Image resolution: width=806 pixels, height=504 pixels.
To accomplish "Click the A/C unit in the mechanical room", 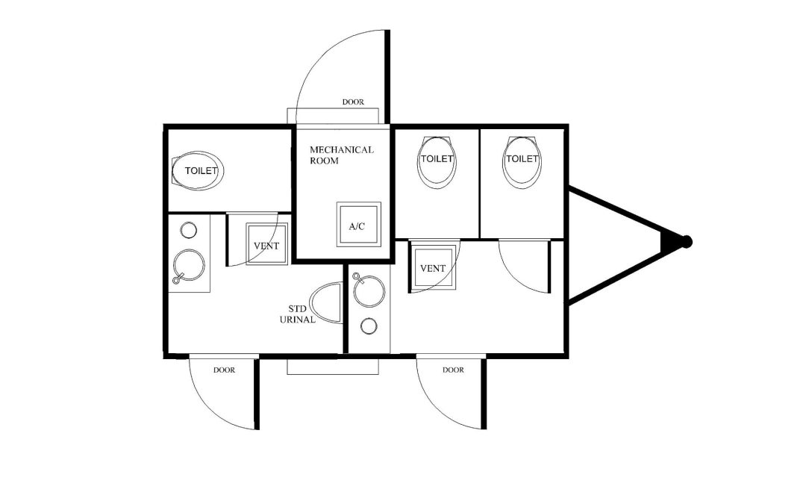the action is click(x=358, y=224).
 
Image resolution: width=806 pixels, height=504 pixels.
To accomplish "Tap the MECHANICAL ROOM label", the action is click(x=341, y=155).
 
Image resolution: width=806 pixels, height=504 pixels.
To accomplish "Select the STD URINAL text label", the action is click(x=298, y=314).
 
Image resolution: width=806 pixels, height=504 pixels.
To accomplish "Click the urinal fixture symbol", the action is click(x=327, y=302).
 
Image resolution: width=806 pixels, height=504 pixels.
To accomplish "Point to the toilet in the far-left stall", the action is click(x=197, y=171).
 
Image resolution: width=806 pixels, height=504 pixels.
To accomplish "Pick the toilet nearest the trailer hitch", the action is click(x=522, y=162).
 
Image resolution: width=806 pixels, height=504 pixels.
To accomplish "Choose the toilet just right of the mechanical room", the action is click(x=437, y=162).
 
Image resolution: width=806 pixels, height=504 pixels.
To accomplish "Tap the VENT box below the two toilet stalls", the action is click(x=433, y=267).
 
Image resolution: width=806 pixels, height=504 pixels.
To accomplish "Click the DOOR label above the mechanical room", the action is click(x=353, y=102).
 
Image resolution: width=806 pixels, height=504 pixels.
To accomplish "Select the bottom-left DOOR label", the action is click(x=224, y=370).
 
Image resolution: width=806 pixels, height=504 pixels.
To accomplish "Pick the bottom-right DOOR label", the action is click(x=453, y=370).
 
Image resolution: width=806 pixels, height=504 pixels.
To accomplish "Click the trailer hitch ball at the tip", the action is click(x=686, y=241).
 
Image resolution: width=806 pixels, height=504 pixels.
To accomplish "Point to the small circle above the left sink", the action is click(x=189, y=230).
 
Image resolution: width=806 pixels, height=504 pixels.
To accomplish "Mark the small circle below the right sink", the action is click(x=369, y=326).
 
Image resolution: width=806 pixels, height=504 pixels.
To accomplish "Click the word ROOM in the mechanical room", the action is click(x=324, y=161).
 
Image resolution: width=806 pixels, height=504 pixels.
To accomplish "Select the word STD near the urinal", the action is click(x=297, y=308).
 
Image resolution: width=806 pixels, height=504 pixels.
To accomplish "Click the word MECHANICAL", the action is click(x=341, y=149).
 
